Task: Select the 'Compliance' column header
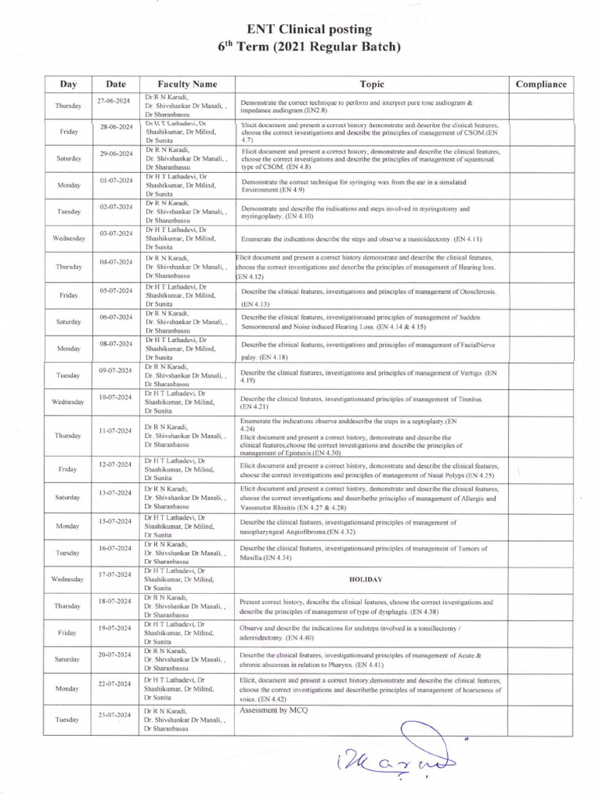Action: [541, 84]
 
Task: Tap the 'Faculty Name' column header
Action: [187, 84]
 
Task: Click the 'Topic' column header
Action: [371, 84]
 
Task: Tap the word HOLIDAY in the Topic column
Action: [371, 579]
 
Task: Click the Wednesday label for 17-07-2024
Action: [67, 579]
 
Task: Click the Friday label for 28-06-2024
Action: [67, 132]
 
